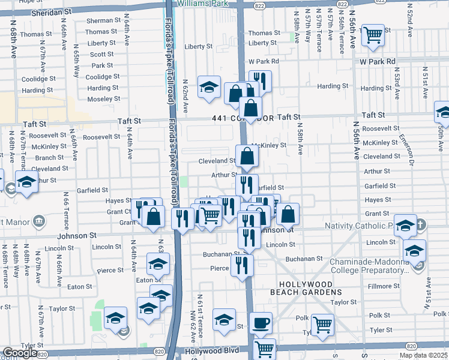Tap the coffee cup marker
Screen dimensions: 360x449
(x=261, y=323)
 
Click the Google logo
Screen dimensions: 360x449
(x=20, y=353)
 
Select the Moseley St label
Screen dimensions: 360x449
(x=104, y=99)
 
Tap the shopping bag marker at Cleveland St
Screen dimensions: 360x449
(x=247, y=157)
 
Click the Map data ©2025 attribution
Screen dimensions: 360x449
(x=423, y=355)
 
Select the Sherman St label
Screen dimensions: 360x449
(x=100, y=20)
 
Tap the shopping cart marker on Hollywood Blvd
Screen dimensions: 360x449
(x=264, y=349)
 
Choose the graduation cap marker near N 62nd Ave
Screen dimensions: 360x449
(x=209, y=87)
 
